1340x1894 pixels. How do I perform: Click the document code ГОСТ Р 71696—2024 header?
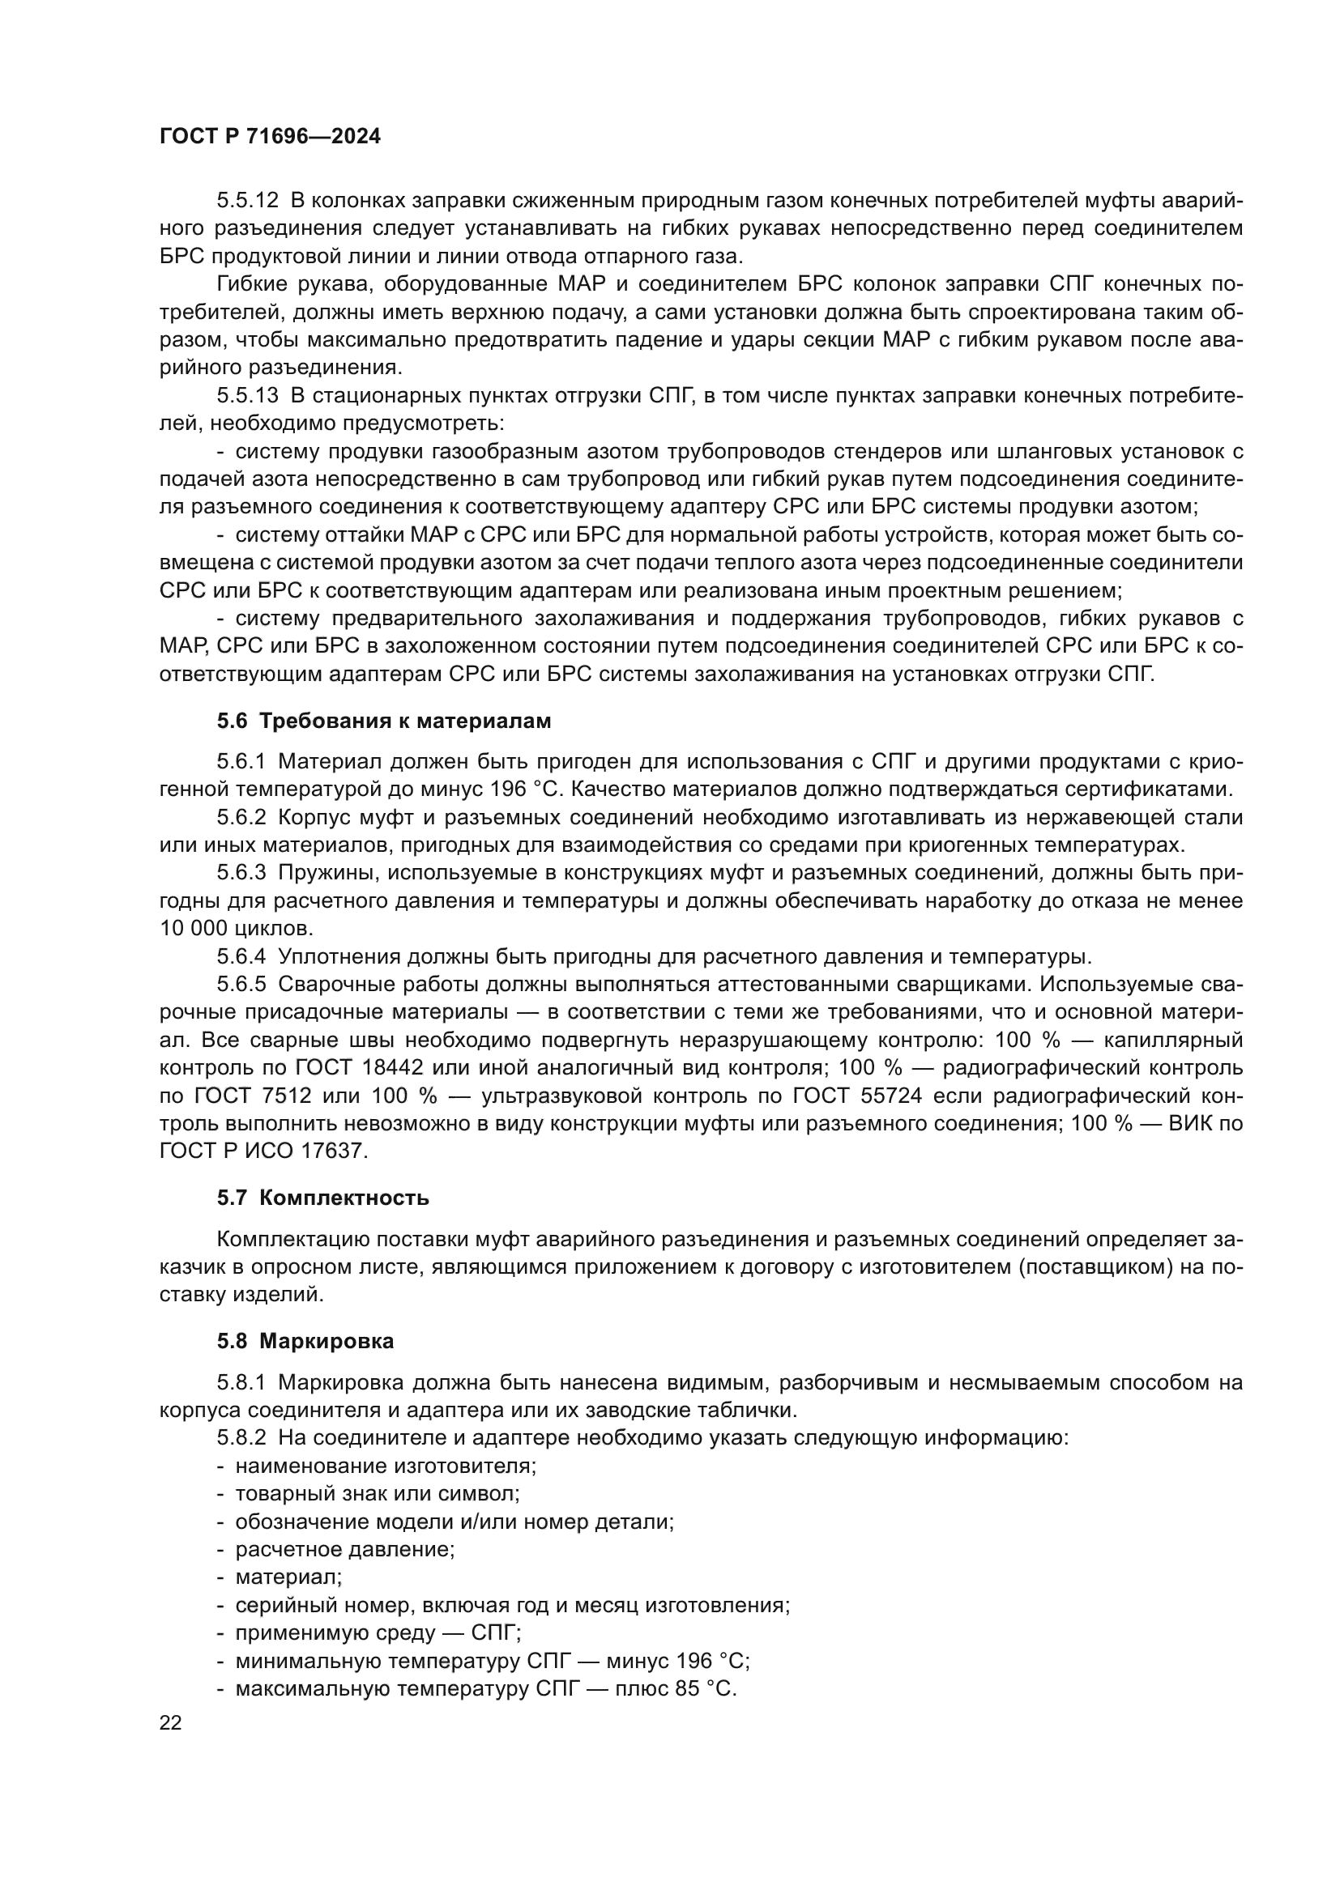(270, 137)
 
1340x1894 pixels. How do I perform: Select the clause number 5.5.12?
(249, 201)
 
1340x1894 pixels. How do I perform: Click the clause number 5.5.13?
(249, 395)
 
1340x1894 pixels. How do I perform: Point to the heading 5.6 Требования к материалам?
(384, 721)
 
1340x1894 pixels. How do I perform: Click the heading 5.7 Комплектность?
(322, 1198)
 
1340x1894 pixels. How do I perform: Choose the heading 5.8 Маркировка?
(305, 1341)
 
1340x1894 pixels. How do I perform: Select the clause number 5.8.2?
(241, 1438)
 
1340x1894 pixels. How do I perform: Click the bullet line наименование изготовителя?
(386, 1466)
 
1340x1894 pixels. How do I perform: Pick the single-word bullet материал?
(288, 1577)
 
